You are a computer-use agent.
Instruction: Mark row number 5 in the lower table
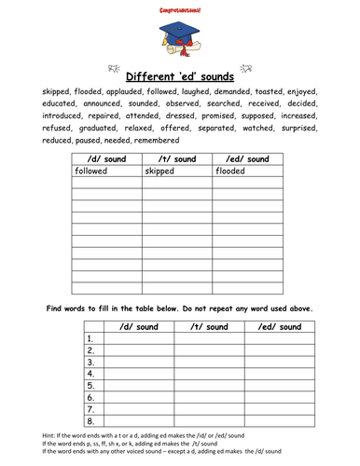point(90,383)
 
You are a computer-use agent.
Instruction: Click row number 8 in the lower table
point(90,420)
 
